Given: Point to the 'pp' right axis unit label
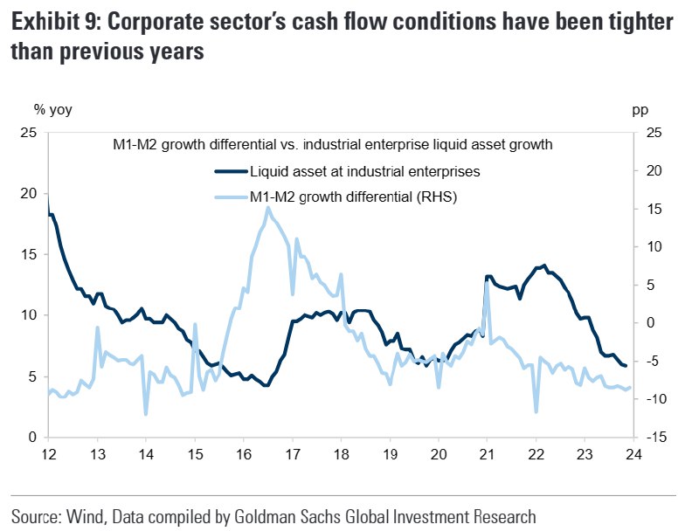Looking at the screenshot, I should [640, 110].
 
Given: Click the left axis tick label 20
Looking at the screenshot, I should [29, 193].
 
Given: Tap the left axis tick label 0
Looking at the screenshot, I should [32, 437].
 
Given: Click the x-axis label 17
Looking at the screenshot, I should [293, 454].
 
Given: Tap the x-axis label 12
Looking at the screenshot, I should [49, 454].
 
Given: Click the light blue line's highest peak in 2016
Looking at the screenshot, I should [267, 208].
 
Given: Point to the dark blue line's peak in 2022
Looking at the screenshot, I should [544, 265].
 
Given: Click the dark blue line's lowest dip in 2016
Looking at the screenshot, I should [266, 385].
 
